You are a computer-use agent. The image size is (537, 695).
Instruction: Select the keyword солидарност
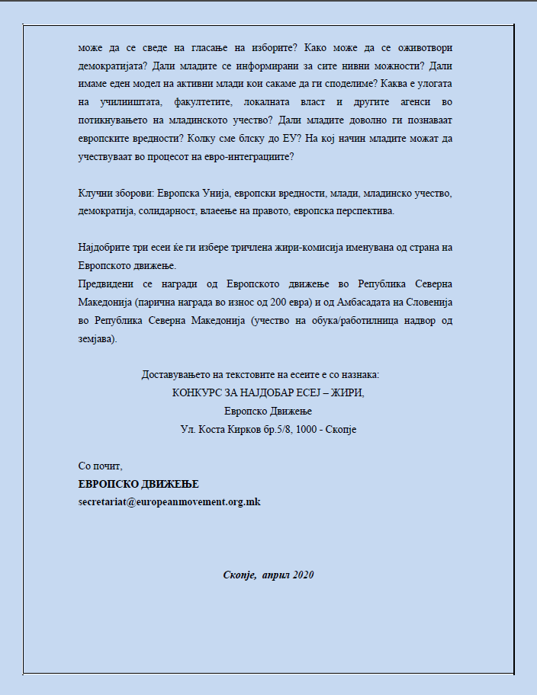pyautogui.click(x=162, y=210)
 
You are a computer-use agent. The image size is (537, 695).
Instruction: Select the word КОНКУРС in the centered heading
pyautogui.click(x=198, y=392)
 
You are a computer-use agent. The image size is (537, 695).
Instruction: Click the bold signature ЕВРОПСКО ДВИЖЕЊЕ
pyautogui.click(x=138, y=484)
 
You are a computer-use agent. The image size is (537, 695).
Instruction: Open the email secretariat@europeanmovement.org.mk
pyautogui.click(x=169, y=502)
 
